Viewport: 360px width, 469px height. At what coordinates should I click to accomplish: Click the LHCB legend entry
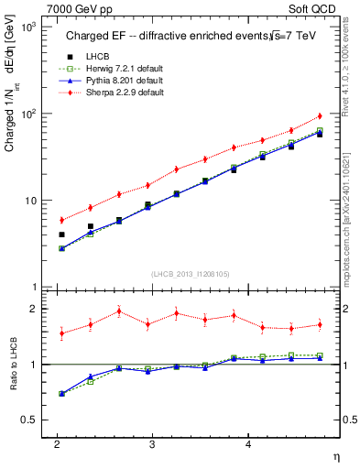97,57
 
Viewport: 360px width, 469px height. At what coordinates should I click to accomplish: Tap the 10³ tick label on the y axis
29,27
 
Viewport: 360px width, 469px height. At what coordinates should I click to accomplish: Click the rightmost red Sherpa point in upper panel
320,116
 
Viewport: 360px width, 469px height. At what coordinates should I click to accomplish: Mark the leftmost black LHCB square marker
61,234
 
